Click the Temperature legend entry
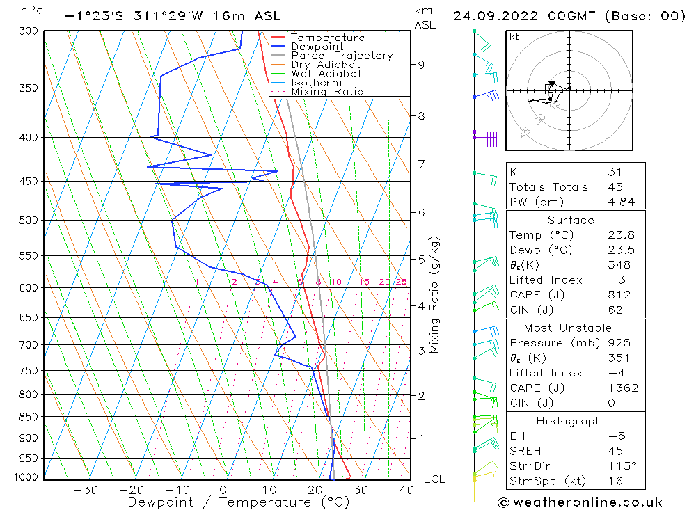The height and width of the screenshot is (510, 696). point(327,38)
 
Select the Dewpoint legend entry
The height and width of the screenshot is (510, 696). point(317,47)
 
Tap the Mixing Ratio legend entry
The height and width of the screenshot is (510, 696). point(327,92)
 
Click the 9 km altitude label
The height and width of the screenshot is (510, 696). point(422,65)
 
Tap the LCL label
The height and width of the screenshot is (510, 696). point(434,479)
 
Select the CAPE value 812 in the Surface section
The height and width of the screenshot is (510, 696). point(619,295)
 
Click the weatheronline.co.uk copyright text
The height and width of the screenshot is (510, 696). point(580,502)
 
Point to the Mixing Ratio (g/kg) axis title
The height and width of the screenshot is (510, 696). point(435,294)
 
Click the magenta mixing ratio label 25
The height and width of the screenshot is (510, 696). point(401,282)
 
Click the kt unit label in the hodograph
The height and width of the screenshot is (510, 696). point(514,37)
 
